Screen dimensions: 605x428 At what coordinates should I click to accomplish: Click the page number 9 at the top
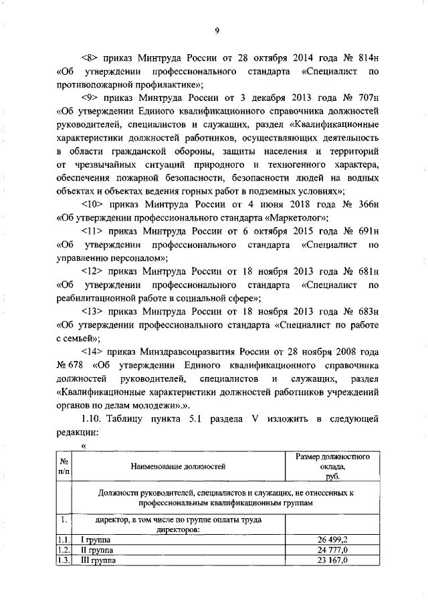click(217, 29)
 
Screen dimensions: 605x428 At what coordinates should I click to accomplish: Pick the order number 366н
click(367, 205)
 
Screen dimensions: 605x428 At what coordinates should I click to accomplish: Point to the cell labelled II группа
click(95, 550)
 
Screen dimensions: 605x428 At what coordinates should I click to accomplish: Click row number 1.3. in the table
click(64, 561)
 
